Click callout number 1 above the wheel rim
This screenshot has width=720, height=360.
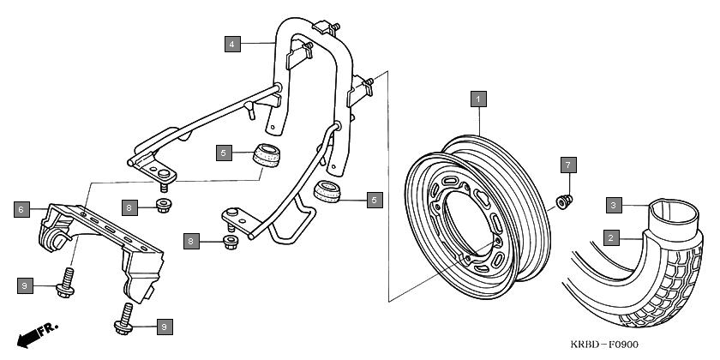(478, 99)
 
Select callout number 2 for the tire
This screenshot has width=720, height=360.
(610, 238)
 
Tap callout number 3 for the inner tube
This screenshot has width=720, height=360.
(614, 205)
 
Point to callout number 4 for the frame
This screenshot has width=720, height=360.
(232, 44)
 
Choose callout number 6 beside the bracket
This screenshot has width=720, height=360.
(21, 209)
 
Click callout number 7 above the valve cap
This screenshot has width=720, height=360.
(568, 165)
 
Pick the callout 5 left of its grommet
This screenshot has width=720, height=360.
(224, 153)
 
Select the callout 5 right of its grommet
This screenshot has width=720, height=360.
(375, 200)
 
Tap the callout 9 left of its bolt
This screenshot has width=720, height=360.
(25, 285)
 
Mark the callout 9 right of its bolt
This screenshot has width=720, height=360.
(165, 327)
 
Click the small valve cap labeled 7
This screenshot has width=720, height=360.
(564, 201)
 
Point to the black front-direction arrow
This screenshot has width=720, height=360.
(27, 339)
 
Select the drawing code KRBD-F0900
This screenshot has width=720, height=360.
(604, 344)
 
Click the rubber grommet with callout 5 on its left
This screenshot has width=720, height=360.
(267, 155)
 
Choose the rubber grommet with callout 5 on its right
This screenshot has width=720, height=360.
(327, 191)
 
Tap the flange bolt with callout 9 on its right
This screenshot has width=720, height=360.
(124, 319)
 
